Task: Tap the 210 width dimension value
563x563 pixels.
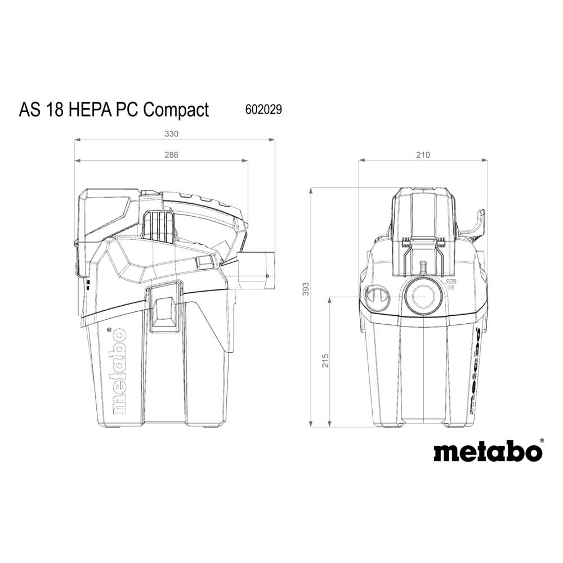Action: point(423,155)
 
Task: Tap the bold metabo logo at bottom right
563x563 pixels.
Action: point(487,451)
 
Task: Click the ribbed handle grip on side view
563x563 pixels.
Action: point(159,227)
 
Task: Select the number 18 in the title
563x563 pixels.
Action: point(57,109)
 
